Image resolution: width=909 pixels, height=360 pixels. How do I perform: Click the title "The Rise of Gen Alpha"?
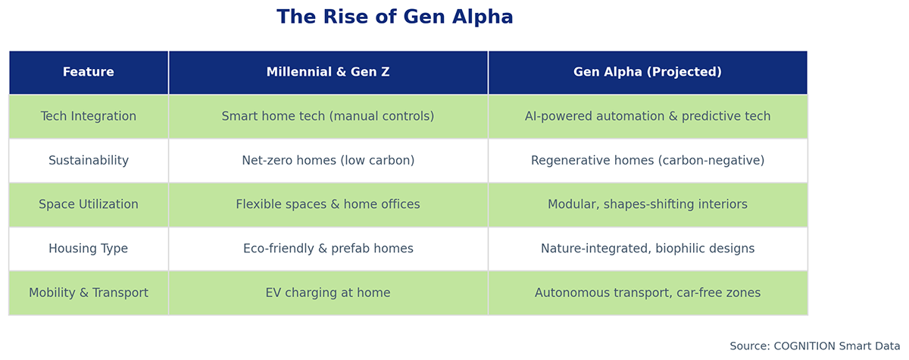395,17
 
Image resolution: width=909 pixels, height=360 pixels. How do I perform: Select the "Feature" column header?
89,73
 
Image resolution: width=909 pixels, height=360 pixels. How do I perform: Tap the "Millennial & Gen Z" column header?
328,73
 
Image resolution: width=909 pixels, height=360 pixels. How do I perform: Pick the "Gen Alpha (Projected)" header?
648,73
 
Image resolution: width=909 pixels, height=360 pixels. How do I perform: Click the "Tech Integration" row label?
89,117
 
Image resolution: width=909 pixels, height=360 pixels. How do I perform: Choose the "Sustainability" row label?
89,161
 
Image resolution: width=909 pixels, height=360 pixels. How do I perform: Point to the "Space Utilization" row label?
89,205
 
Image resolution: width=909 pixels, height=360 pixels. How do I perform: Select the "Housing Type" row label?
89,249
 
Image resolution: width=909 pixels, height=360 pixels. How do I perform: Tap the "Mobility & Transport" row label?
89,293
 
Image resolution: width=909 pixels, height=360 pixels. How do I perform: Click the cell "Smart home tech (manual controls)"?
328,117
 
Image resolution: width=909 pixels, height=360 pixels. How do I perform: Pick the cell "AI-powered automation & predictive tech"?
648,117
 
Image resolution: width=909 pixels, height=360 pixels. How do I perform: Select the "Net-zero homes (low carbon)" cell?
328,161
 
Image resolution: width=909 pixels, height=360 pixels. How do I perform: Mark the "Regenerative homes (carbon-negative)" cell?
648,161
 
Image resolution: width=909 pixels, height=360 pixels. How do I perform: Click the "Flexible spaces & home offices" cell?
328,205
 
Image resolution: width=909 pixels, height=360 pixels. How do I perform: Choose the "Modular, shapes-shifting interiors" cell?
648,205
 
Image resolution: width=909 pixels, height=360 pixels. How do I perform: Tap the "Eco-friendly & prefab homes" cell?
328,249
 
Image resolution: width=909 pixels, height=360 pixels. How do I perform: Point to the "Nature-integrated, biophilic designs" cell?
648,249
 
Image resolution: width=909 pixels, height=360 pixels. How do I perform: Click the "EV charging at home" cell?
328,293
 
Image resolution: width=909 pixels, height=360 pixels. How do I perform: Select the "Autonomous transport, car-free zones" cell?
648,293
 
